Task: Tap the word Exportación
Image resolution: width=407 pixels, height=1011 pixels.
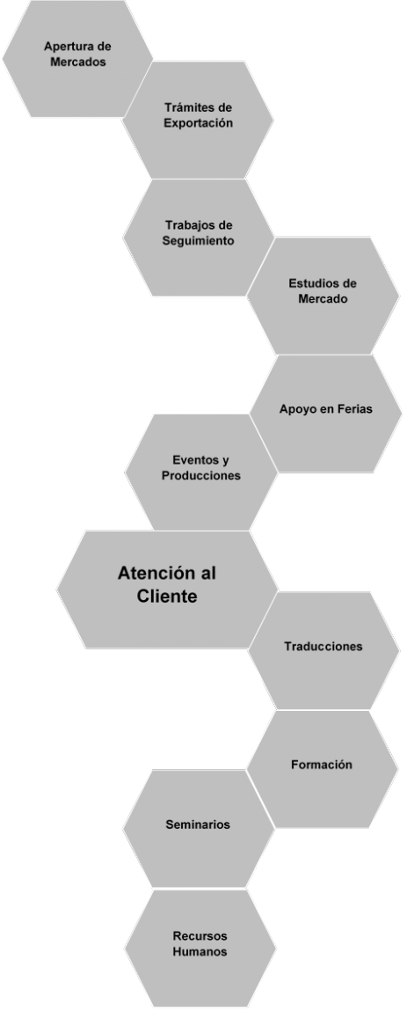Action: [x=198, y=122]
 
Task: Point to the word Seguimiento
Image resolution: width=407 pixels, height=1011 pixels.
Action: [x=198, y=241]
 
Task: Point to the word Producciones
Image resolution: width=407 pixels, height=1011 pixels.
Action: [x=201, y=476]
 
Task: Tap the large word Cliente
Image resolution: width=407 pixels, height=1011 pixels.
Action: [x=167, y=597]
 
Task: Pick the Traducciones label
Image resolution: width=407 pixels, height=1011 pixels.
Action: [x=323, y=646]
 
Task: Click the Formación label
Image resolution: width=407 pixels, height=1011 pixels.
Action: [x=322, y=765]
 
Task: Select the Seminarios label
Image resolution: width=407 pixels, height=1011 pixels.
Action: [x=198, y=824]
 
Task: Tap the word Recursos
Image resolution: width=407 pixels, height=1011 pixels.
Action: [x=200, y=936]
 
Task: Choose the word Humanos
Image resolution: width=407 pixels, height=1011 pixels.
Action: [x=200, y=952]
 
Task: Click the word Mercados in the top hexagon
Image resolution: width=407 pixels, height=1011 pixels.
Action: [x=78, y=62]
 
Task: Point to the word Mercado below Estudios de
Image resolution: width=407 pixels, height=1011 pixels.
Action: [x=323, y=299]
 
